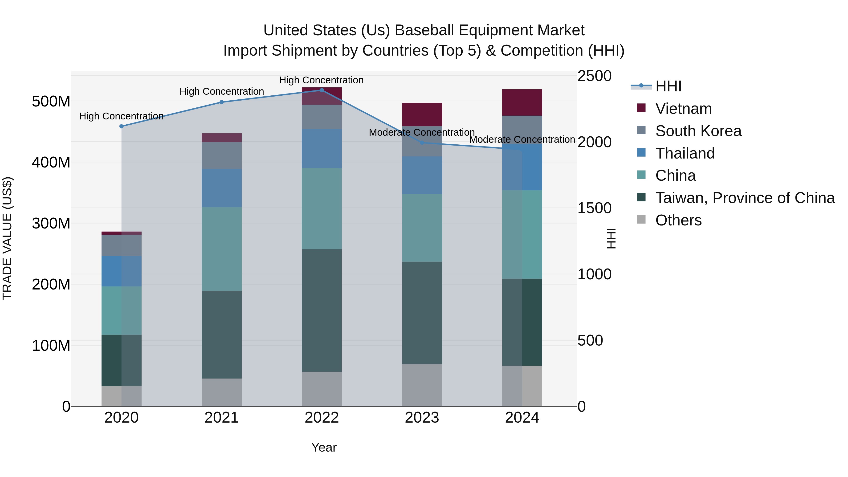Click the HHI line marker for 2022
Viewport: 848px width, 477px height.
pyautogui.click(x=322, y=90)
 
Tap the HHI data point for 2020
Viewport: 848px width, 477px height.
pyautogui.click(x=122, y=126)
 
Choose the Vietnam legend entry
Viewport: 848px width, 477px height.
pyautogui.click(x=683, y=109)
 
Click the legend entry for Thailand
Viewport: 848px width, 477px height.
pyautogui.click(x=685, y=153)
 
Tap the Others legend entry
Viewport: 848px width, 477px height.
pyautogui.click(x=678, y=220)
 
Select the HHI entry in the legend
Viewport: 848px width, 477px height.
pyautogui.click(x=668, y=86)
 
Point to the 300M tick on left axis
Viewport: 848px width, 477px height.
pyautogui.click(x=51, y=224)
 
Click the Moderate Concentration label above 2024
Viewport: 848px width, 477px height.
pyautogui.click(x=522, y=140)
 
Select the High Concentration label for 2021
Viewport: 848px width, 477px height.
pyautogui.click(x=222, y=92)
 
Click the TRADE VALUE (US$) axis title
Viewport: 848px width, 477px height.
pyautogui.click(x=7, y=238)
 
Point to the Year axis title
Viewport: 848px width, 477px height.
pyautogui.click(x=324, y=447)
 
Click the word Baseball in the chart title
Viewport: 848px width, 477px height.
pyautogui.click(x=425, y=30)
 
